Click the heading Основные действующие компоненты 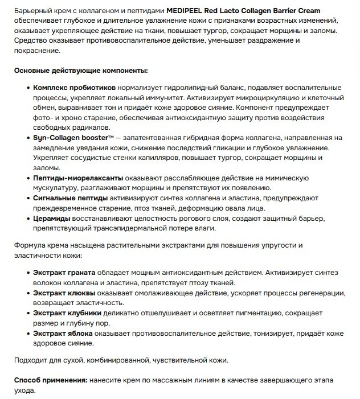click(x=80, y=70)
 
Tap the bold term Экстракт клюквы click(x=64, y=293)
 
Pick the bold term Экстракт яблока click(x=64, y=332)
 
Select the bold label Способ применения click(x=50, y=380)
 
